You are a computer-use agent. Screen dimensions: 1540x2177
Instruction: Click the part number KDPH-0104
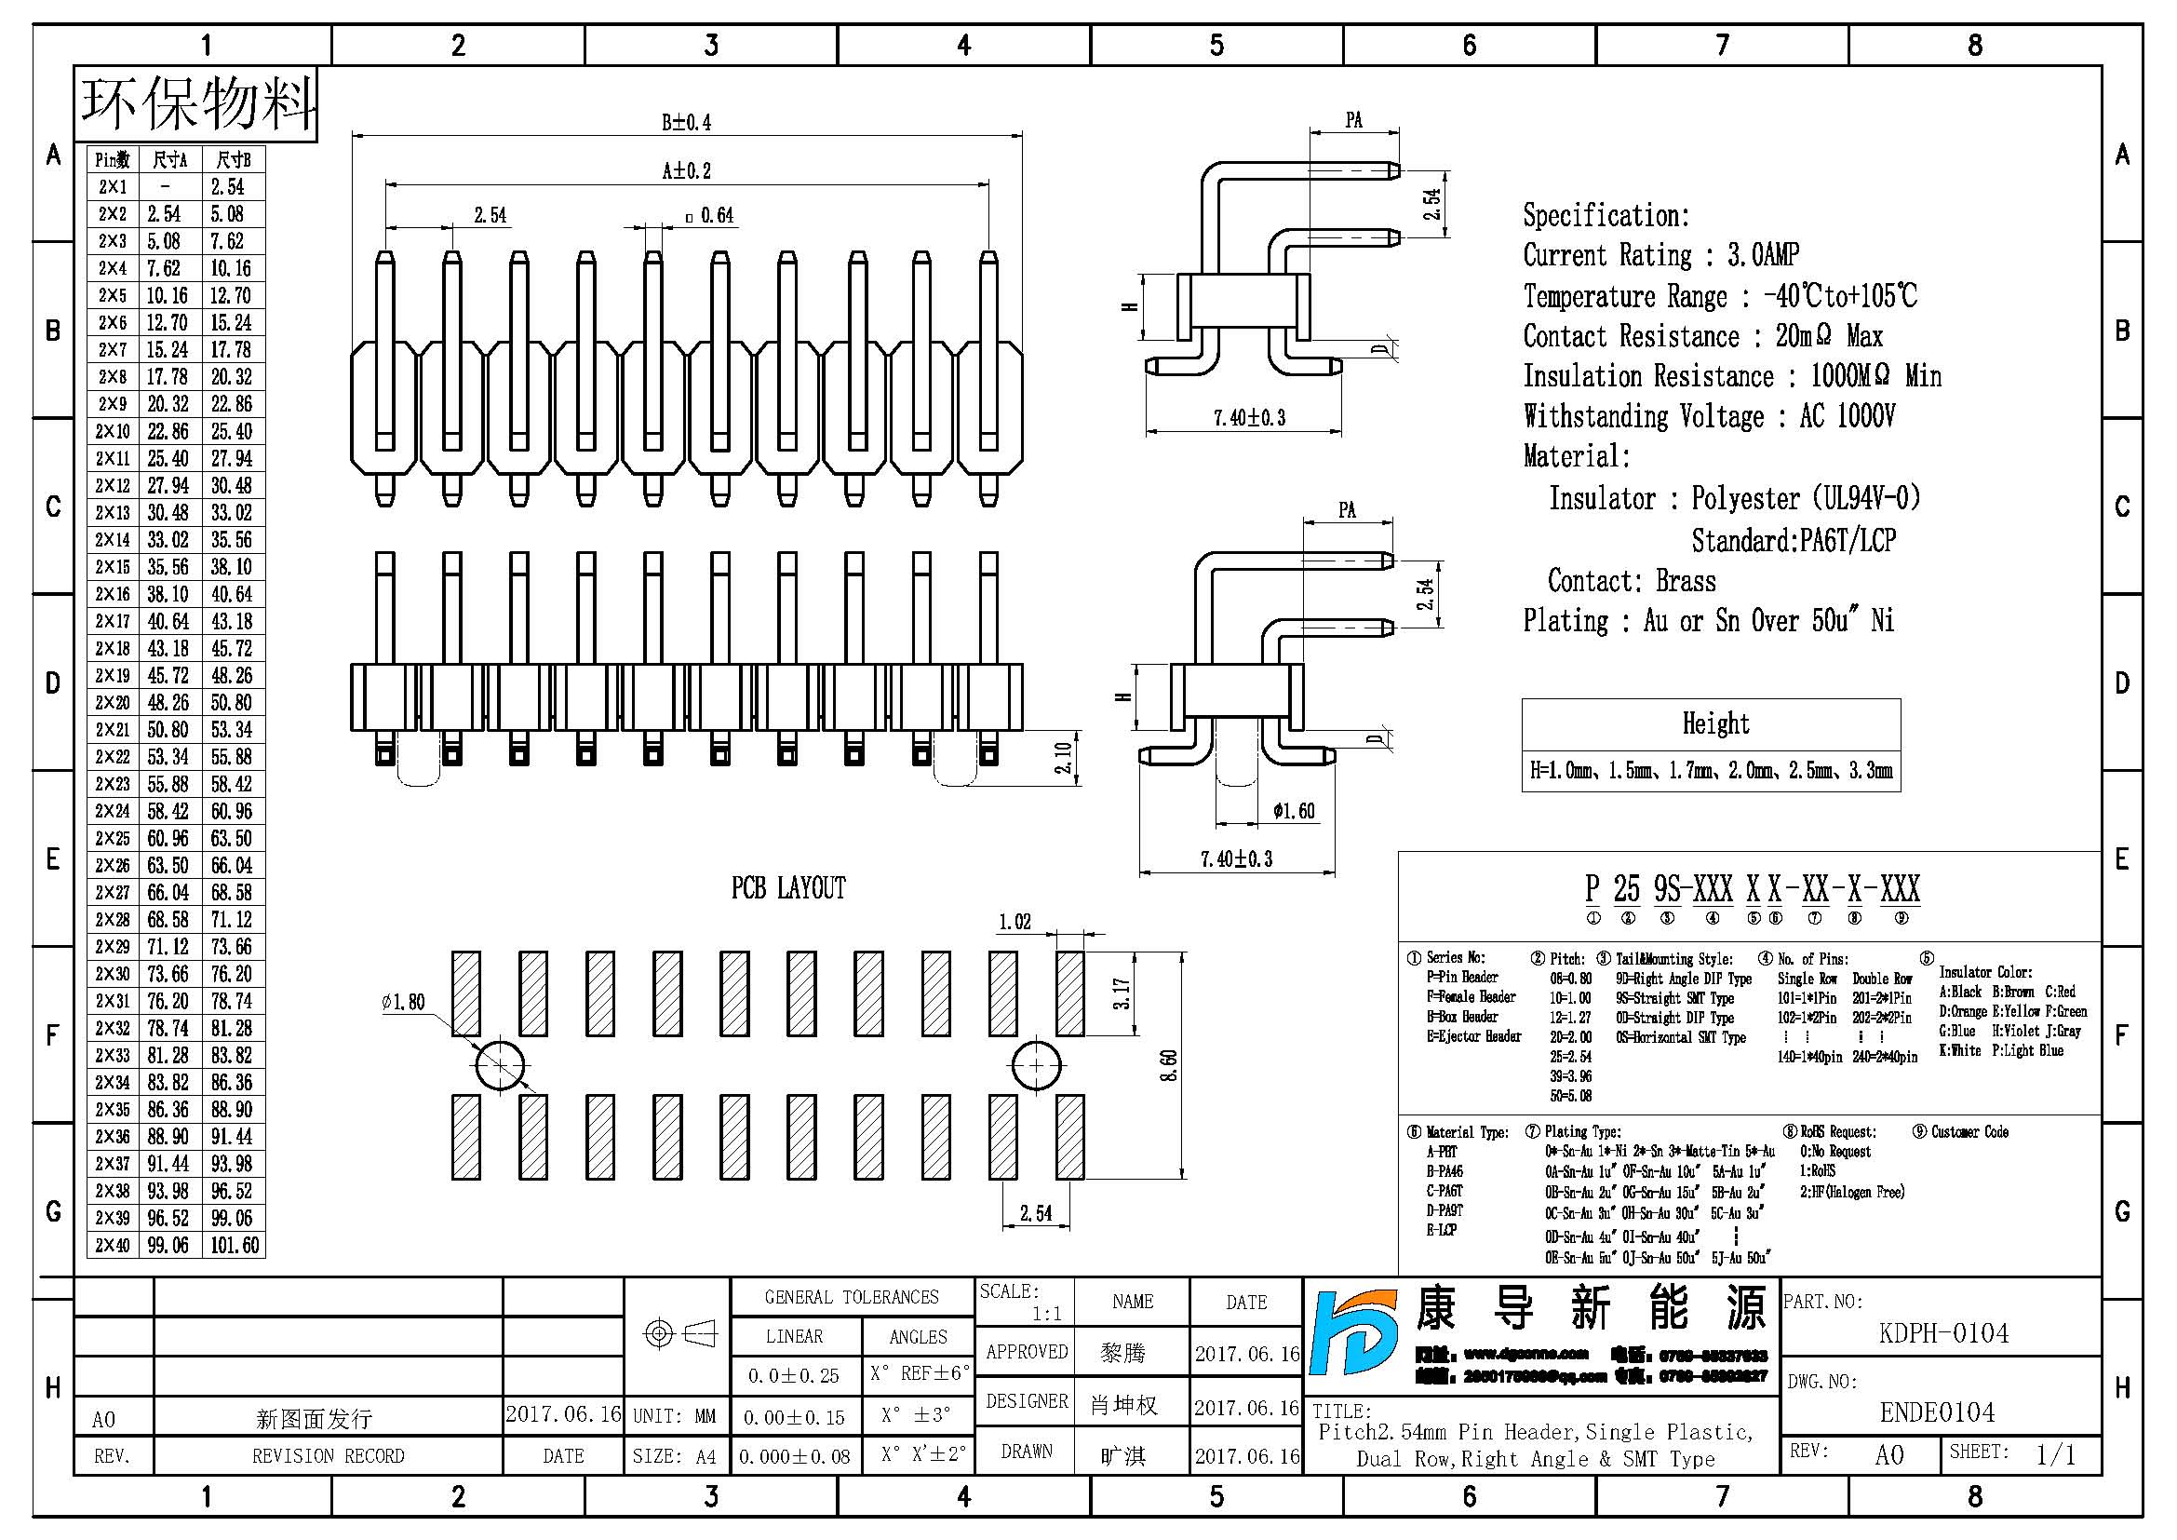1942,1333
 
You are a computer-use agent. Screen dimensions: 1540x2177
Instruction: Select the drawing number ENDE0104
1937,1413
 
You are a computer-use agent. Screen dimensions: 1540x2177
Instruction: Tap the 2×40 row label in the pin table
113,1245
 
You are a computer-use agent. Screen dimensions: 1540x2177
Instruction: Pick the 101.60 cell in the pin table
235,1245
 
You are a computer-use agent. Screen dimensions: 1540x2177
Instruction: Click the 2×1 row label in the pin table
113,187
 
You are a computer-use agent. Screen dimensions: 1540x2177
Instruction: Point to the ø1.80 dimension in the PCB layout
403,1003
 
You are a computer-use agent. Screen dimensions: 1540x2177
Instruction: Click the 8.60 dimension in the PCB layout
1169,1065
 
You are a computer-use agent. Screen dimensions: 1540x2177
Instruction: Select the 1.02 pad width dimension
1014,922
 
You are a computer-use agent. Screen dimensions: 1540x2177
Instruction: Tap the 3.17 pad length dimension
1122,993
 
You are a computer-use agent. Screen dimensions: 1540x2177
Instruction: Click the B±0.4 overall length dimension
686,122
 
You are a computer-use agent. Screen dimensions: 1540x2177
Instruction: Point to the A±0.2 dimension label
686,171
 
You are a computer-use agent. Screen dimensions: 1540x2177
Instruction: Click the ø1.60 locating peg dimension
1294,811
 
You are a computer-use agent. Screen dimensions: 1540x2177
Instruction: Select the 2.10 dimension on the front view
1063,758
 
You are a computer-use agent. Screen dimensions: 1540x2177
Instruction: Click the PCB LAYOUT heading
788,888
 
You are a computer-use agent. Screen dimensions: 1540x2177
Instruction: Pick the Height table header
1714,724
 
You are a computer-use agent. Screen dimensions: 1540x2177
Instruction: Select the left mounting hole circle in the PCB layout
499,1066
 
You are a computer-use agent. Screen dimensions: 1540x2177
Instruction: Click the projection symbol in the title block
678,1334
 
